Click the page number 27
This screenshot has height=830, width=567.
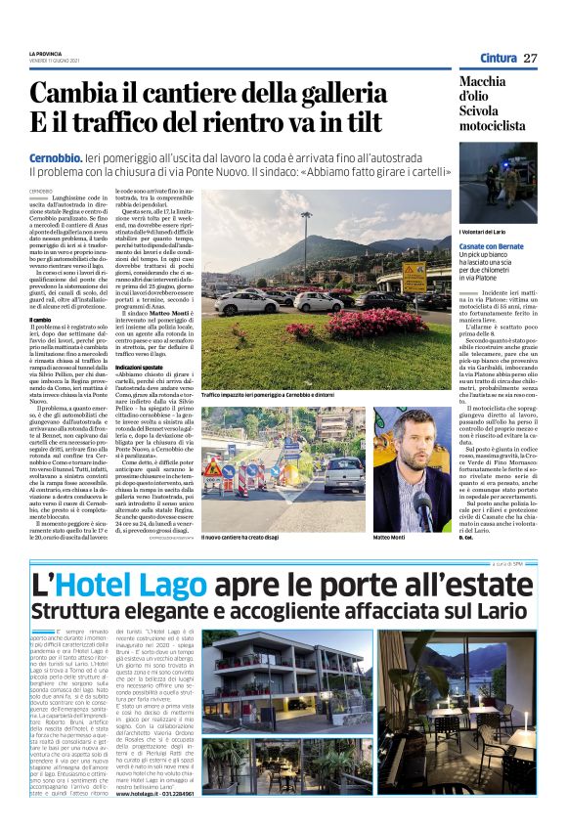coord(530,59)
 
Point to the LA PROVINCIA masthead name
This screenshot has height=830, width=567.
coord(46,53)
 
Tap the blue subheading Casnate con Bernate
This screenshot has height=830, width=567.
coord(492,245)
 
